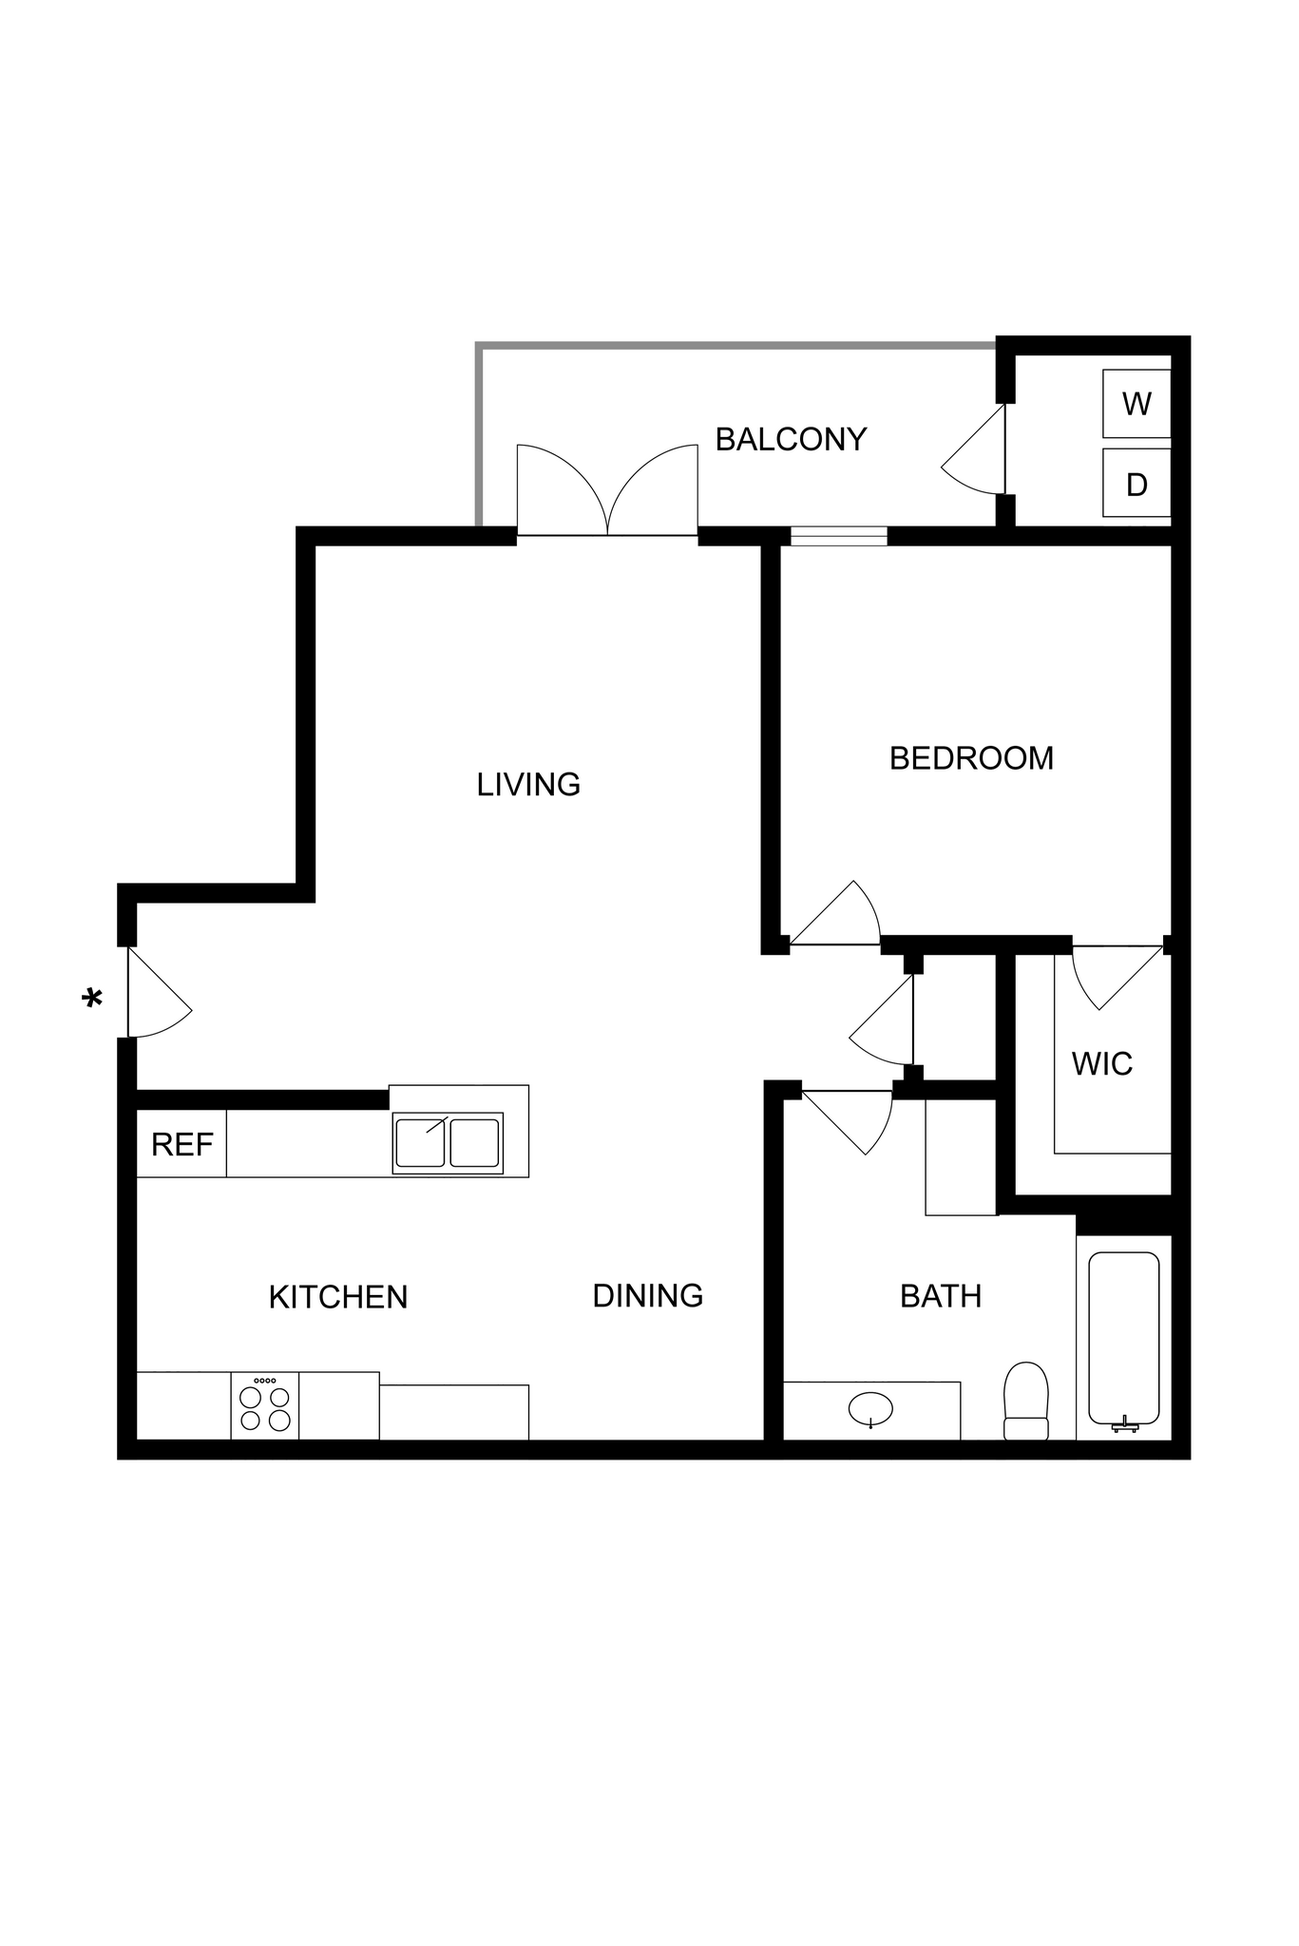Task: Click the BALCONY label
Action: point(791,439)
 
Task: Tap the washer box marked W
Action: point(1136,404)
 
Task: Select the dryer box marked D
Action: point(1136,485)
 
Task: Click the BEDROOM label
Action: point(971,758)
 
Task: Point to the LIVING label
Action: point(528,784)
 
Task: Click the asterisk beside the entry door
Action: point(92,1000)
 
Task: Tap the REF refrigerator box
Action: point(181,1144)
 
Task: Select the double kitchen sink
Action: point(448,1142)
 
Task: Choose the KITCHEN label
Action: point(338,1297)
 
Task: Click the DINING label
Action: point(647,1295)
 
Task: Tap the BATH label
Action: point(941,1296)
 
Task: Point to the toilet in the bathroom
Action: point(1025,1401)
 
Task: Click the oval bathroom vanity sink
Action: point(870,1408)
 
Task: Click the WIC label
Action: point(1102,1064)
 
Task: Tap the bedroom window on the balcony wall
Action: point(839,536)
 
